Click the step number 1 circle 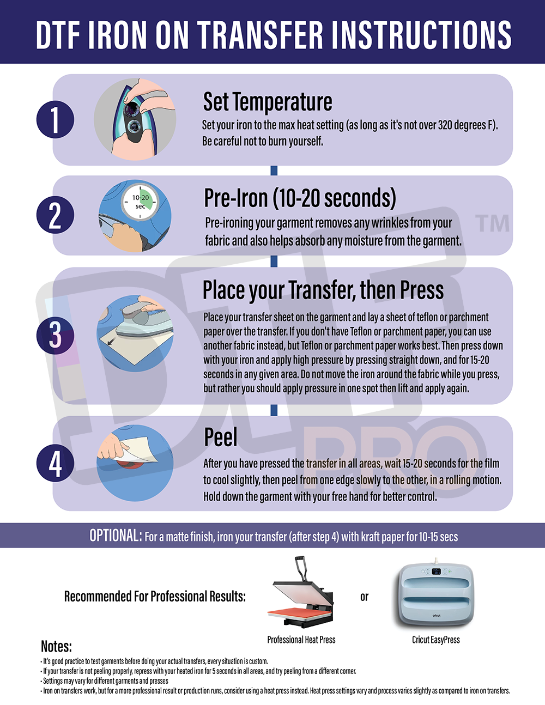point(55,119)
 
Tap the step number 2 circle point(55,215)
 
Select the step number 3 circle point(55,335)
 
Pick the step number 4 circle point(55,463)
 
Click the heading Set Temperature point(268,102)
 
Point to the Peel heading point(221,437)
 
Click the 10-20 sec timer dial point(140,202)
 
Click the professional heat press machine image point(301,592)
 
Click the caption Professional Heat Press point(301,640)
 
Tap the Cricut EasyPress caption point(436,640)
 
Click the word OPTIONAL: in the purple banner point(116,536)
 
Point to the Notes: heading point(56,647)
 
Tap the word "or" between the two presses point(364,597)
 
